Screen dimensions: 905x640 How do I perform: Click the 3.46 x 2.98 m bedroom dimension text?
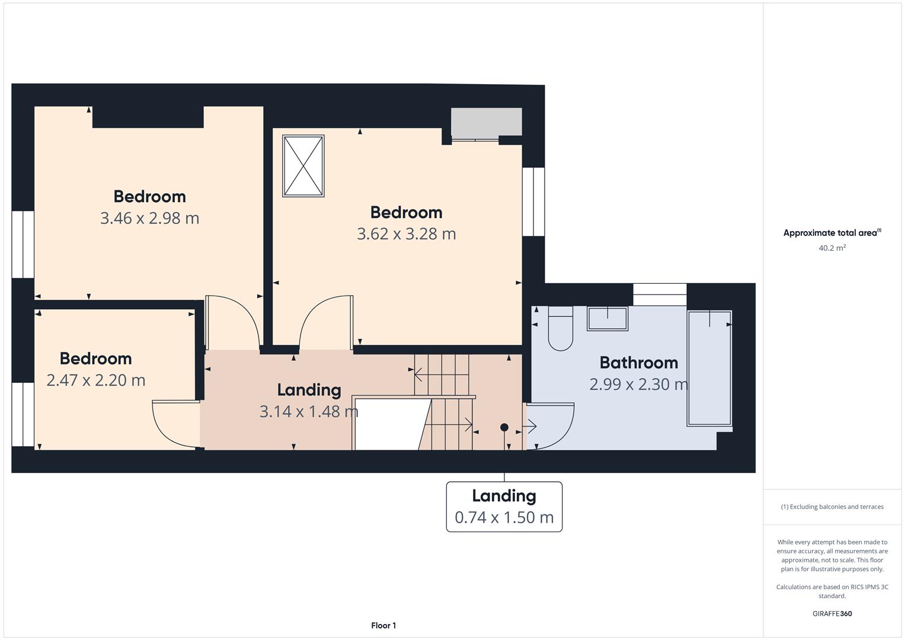[149, 218]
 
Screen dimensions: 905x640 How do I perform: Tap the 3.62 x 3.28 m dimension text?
[407, 234]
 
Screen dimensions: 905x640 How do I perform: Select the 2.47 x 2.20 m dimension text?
[96, 380]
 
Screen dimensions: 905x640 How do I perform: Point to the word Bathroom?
[639, 363]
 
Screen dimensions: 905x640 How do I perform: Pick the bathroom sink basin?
[607, 319]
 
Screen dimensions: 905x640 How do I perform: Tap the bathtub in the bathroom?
[709, 368]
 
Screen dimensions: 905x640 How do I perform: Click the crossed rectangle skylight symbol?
[303, 166]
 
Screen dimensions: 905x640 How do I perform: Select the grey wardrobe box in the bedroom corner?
[487, 121]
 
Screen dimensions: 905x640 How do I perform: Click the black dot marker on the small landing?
[504, 427]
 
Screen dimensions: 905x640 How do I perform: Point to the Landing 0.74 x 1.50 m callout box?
[504, 507]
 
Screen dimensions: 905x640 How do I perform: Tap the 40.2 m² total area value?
[832, 248]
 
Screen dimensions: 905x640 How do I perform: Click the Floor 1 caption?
[383, 625]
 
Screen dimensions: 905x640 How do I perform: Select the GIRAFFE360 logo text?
[832, 613]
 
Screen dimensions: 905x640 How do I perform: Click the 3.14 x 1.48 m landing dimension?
[309, 412]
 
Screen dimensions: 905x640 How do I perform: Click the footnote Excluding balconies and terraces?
[832, 507]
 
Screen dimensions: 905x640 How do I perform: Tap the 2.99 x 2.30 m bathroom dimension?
[639, 384]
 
